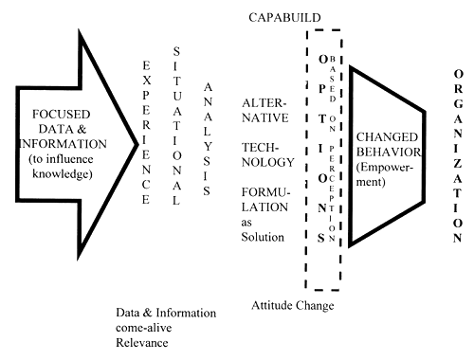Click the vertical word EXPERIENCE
click(145, 132)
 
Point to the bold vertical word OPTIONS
click(321, 152)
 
